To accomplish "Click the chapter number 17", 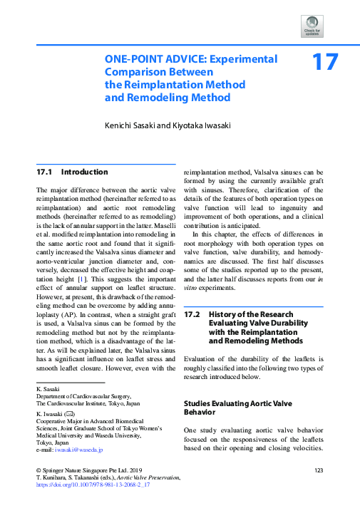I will (x=325, y=63).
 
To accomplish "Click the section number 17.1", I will (x=46, y=172).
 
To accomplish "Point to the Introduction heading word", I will (x=85, y=172).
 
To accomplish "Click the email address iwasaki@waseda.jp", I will (x=78, y=450).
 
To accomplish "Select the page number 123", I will (x=319, y=470).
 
